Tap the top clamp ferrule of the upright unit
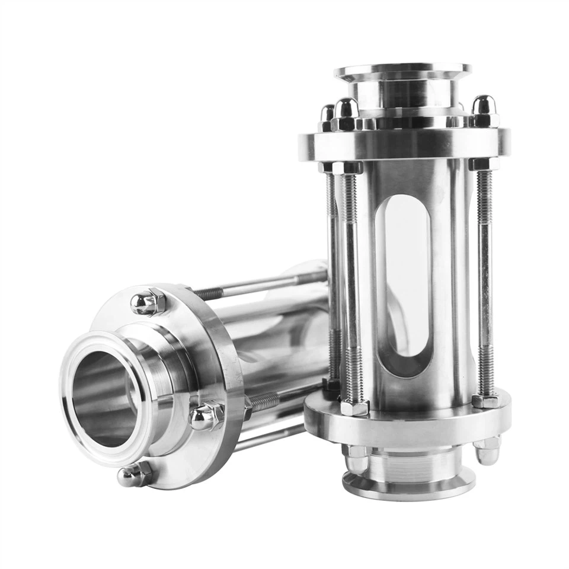pos(403,73)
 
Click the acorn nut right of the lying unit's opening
pos(207,415)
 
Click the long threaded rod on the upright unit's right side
pos(485,279)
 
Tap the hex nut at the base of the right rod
pos(485,401)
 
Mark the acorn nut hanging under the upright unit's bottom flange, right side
pos(487,452)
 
